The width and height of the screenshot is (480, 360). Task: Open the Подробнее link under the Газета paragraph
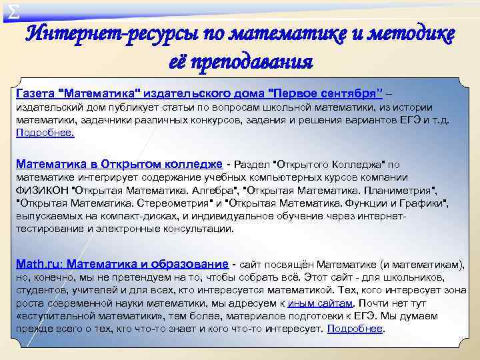coord(45,132)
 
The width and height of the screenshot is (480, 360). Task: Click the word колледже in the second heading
coord(189,163)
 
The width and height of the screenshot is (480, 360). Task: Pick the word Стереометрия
coord(177,203)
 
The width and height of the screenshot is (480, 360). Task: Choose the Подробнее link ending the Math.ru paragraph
coord(356,329)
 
